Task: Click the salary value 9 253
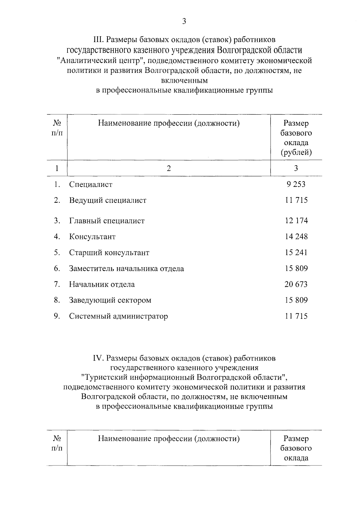point(296,184)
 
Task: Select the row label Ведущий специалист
point(108,200)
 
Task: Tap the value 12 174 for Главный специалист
point(296,221)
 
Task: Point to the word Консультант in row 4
point(92,237)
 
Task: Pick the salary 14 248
point(296,237)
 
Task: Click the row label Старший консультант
point(109,253)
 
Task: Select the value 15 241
point(296,253)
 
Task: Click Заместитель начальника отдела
point(126,268)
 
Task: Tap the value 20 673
point(296,284)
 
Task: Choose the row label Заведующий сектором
point(110,300)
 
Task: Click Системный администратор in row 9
point(118,316)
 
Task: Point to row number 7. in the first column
point(57,284)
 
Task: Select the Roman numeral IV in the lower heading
point(98,358)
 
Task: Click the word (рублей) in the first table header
point(296,153)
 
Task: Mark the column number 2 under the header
point(169,168)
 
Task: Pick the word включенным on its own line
point(184,80)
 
